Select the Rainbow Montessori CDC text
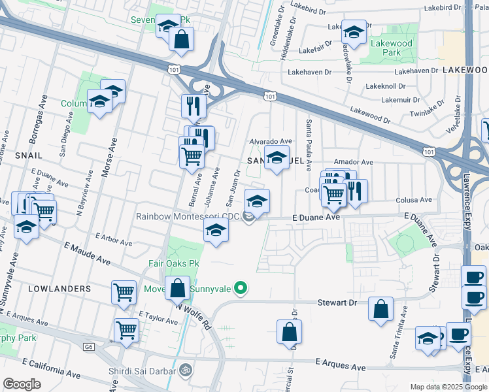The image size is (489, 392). (x=187, y=216)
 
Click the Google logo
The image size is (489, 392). (x=22, y=384)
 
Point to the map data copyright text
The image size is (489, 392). (x=448, y=387)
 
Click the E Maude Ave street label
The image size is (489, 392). (x=87, y=252)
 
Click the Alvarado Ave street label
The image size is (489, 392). (x=270, y=141)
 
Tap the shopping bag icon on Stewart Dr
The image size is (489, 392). (x=380, y=309)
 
